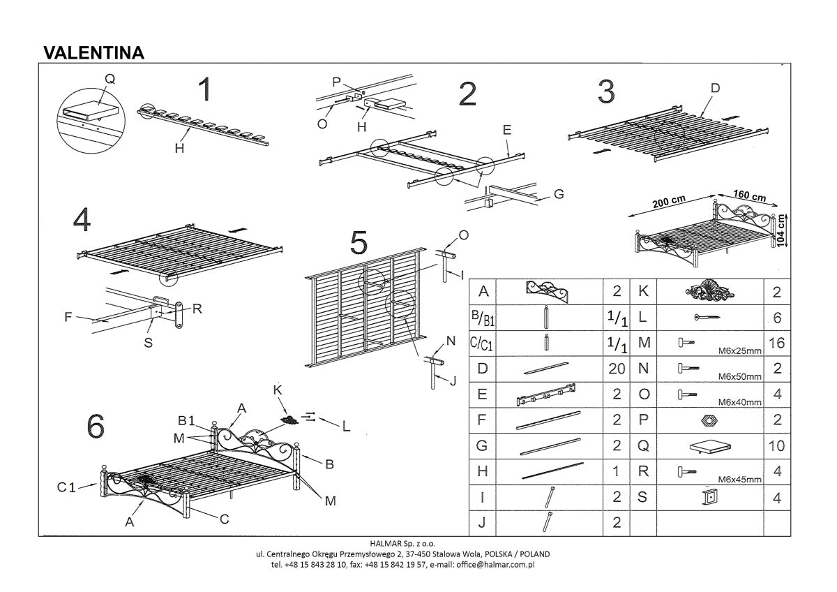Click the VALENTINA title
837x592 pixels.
pyautogui.click(x=93, y=53)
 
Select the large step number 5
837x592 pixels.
pyautogui.click(x=359, y=243)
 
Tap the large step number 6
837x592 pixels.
pyautogui.click(x=96, y=427)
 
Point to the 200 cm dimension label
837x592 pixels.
pyautogui.click(x=668, y=202)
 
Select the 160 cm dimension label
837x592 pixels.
pyautogui.click(x=750, y=195)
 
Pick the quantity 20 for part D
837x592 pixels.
pyautogui.click(x=616, y=369)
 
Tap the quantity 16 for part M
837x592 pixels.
pyautogui.click(x=776, y=343)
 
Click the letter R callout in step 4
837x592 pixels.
pyautogui.click(x=197, y=307)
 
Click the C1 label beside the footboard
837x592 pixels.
pyautogui.click(x=66, y=487)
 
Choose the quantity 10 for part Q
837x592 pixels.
pyautogui.click(x=776, y=445)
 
